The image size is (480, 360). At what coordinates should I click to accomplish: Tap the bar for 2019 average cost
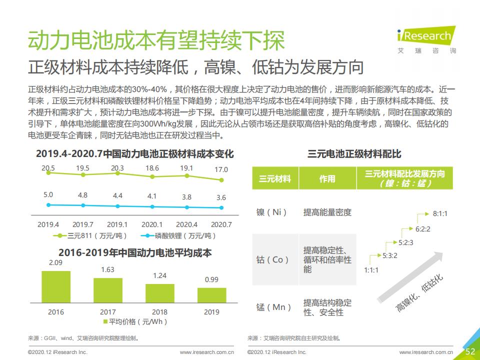pyautogui.click(x=211, y=295)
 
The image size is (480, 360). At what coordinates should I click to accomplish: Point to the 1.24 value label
pyautogui.click(x=160, y=275)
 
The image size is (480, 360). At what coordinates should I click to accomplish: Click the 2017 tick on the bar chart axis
pyautogui.click(x=108, y=312)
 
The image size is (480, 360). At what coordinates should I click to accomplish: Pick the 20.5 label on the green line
pyautogui.click(x=48, y=168)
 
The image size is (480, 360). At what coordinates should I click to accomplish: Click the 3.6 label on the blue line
pyautogui.click(x=221, y=197)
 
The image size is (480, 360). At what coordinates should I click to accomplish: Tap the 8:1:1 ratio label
pyautogui.click(x=440, y=213)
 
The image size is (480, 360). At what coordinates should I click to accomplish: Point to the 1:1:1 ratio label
pyautogui.click(x=371, y=270)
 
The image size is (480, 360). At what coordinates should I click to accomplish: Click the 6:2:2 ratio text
pyautogui.click(x=423, y=229)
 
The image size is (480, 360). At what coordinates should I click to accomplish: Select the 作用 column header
pyautogui.click(x=327, y=178)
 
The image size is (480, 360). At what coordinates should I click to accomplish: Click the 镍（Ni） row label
pyautogui.click(x=272, y=212)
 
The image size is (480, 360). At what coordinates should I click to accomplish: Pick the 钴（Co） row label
pyautogui.click(x=272, y=259)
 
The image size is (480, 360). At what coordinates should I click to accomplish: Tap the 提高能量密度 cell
pyautogui.click(x=327, y=212)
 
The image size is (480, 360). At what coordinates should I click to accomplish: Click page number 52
pyautogui.click(x=470, y=351)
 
